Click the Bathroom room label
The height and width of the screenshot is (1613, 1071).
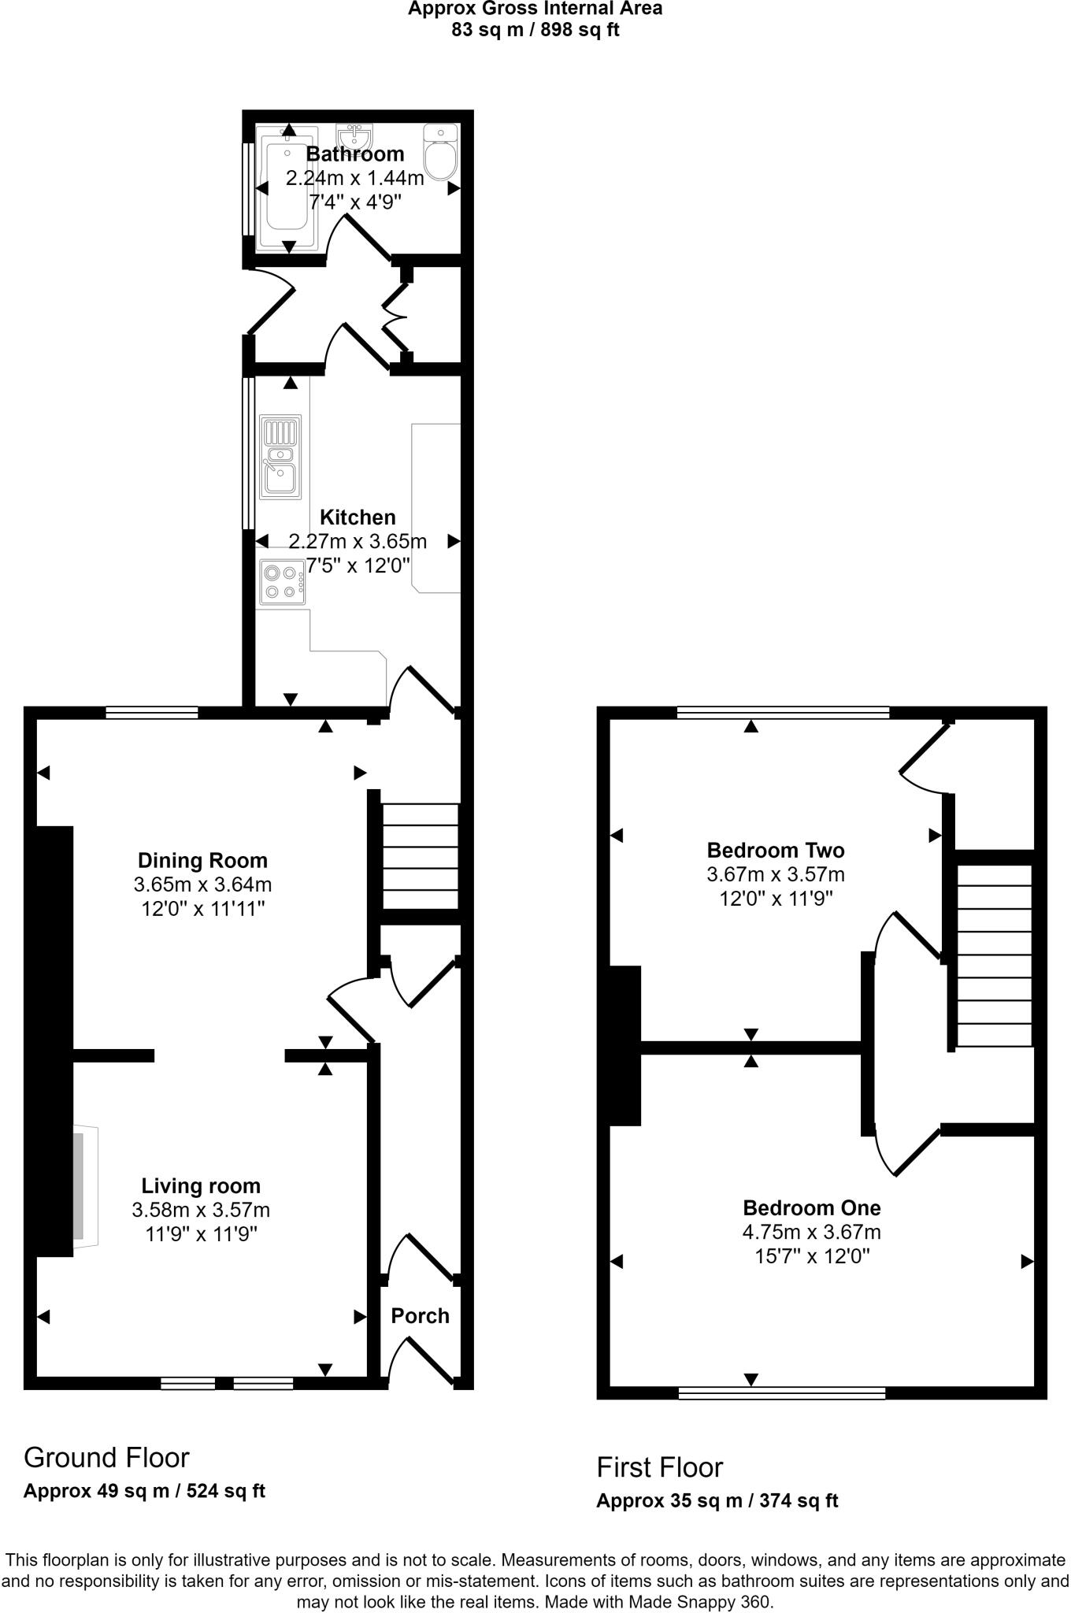click(354, 154)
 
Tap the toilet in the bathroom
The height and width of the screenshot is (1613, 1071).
click(440, 153)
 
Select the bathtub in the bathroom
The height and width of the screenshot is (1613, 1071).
click(288, 187)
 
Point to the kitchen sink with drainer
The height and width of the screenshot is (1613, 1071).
click(280, 458)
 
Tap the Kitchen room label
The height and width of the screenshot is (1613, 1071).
click(358, 517)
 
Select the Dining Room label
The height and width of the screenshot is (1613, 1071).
click(202, 860)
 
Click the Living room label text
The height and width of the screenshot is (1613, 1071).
click(201, 1185)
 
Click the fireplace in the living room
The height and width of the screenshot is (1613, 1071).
click(83, 1186)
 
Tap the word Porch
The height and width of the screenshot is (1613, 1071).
click(420, 1315)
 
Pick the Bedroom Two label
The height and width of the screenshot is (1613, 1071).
click(775, 850)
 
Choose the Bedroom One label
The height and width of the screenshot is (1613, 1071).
click(811, 1207)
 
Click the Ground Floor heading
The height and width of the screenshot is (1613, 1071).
click(106, 1457)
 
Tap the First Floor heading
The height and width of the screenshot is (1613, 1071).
click(659, 1467)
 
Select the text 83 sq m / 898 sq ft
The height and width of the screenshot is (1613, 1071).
click(535, 30)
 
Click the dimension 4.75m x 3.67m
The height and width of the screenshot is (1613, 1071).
click(811, 1232)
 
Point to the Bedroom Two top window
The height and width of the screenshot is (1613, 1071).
click(783, 713)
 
